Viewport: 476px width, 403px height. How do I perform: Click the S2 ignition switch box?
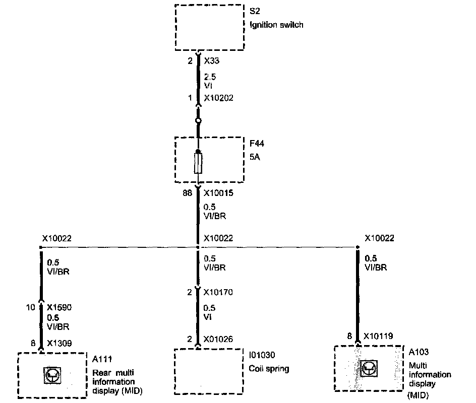click(209, 27)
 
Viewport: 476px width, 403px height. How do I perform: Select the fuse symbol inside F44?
click(198, 164)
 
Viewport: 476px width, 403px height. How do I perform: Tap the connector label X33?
click(212, 61)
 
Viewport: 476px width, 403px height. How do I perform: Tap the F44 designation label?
click(256, 144)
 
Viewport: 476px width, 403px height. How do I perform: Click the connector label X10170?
click(218, 292)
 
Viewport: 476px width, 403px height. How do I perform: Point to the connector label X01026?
click(218, 339)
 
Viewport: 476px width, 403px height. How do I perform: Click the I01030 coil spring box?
click(209, 371)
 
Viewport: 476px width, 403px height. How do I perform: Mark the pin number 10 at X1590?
click(31, 306)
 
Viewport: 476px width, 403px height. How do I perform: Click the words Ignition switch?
click(276, 24)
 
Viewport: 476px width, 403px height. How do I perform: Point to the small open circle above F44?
click(198, 121)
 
